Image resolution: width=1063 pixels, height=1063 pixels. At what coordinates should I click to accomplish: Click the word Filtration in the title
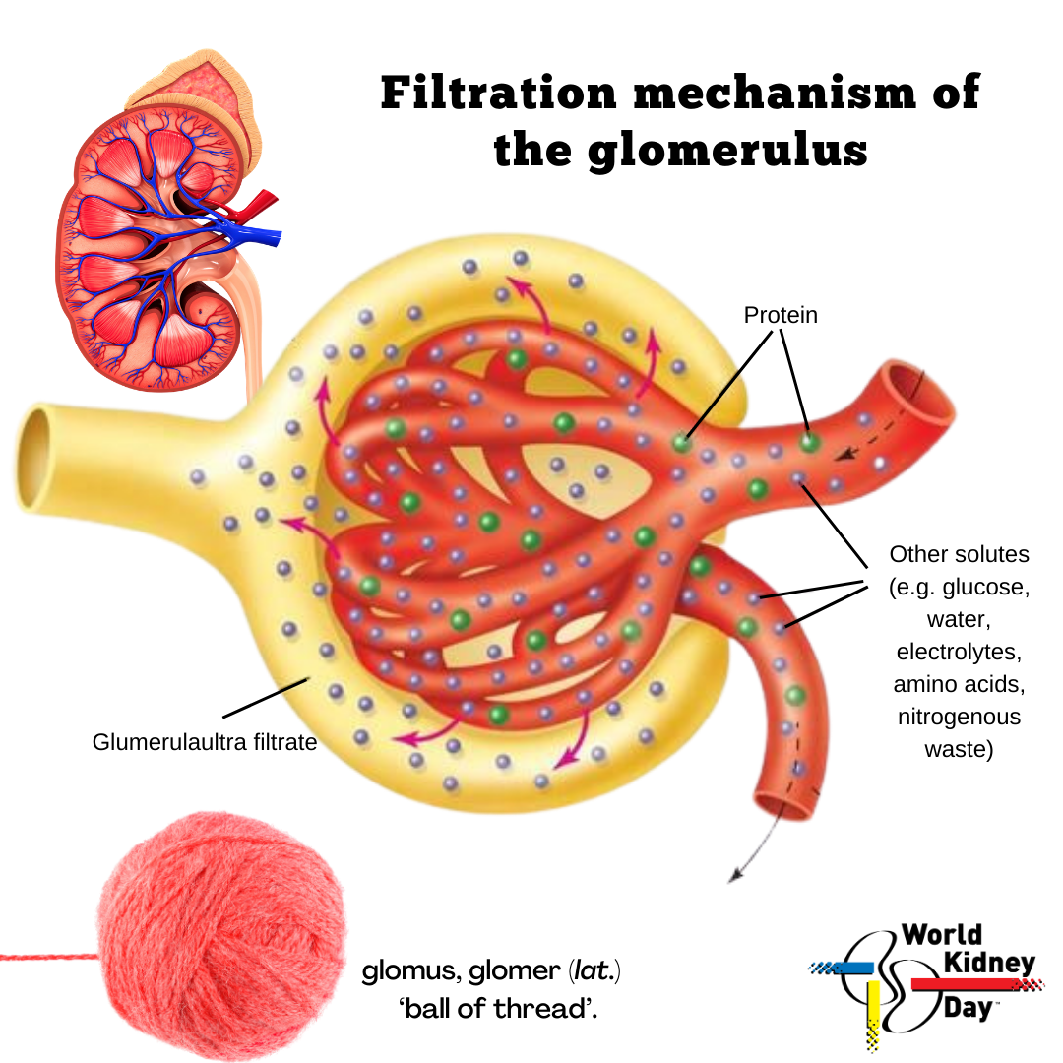pyautogui.click(x=498, y=93)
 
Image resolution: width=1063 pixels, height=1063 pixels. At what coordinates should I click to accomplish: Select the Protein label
pyautogui.click(x=781, y=315)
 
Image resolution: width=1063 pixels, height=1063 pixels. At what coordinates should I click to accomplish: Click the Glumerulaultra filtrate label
pyautogui.click(x=205, y=742)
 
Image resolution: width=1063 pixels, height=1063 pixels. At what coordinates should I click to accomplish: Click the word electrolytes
pyautogui.click(x=959, y=652)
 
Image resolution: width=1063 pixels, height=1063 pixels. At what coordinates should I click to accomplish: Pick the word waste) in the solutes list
pyautogui.click(x=959, y=749)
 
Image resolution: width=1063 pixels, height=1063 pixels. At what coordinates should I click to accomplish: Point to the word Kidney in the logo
pyautogui.click(x=989, y=963)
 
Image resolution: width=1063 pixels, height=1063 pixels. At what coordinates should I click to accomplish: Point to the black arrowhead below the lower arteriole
pyautogui.click(x=735, y=877)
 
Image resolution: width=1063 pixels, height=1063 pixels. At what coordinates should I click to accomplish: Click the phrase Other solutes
pyautogui.click(x=959, y=554)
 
